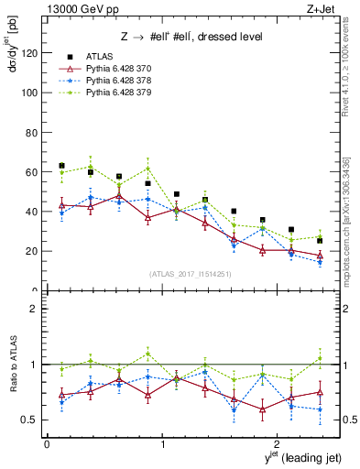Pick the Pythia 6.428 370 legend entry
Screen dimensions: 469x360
[117, 69]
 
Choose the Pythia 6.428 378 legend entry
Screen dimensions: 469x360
[117, 81]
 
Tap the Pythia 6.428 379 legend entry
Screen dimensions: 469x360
[117, 93]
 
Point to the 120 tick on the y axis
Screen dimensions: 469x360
[30, 53]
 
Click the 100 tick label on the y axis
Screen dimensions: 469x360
[30, 93]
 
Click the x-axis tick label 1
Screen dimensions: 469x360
[162, 443]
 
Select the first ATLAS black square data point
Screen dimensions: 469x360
[61, 166]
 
